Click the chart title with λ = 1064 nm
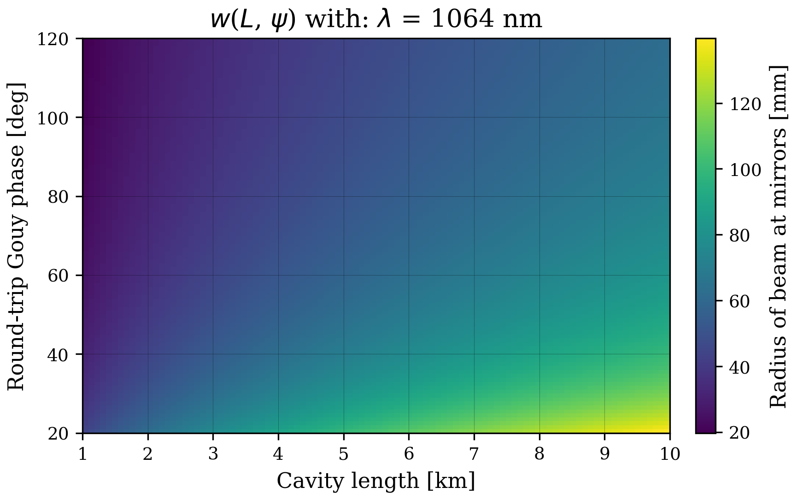[x=376, y=20]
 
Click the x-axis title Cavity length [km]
[x=376, y=481]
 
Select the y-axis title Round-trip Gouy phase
[x=16, y=236]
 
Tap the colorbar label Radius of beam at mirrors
[x=779, y=236]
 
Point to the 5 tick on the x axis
[x=343, y=455]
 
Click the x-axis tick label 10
[x=670, y=455]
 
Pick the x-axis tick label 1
[x=82, y=455]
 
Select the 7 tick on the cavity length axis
[x=474, y=455]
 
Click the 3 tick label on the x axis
[x=213, y=455]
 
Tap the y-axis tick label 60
[x=59, y=276]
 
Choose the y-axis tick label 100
[x=53, y=118]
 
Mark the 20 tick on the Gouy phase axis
[x=59, y=434]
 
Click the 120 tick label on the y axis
[x=53, y=39]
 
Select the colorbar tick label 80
[x=740, y=236]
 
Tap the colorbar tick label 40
[x=740, y=368]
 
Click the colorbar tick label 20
[x=740, y=433]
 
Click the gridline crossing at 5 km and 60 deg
[x=343, y=276]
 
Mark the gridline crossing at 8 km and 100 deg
[x=539, y=117]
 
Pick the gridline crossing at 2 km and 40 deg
[x=148, y=354]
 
